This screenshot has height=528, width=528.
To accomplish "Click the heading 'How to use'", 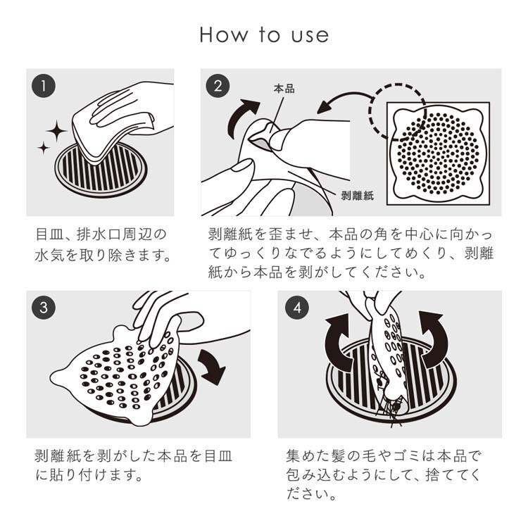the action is tap(264, 34).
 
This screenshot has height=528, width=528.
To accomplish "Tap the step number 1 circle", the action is tap(44, 86).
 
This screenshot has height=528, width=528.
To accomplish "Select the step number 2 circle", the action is tap(218, 86).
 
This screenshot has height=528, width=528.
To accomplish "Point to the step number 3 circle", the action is tap(44, 308).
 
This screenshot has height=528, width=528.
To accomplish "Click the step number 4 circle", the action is tap(297, 308).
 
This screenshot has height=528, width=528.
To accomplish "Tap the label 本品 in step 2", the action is tap(284, 89).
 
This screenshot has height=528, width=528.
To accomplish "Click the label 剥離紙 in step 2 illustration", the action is tap(357, 196).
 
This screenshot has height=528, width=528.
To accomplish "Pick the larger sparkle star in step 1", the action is tap(56, 131).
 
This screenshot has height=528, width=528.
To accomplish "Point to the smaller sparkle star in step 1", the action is tap(44, 148).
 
